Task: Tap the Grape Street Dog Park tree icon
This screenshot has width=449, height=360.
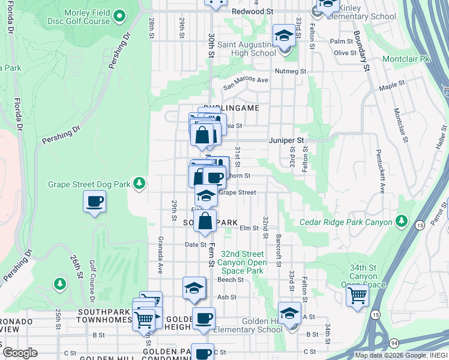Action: click(139, 182)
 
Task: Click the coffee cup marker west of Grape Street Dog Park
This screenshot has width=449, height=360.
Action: click(95, 202)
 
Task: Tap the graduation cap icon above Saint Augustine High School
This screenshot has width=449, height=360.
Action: click(284, 35)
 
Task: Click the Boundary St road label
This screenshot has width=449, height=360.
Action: click(361, 50)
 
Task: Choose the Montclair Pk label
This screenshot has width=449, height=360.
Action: click(408, 59)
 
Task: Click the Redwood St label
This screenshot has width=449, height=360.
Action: click(252, 11)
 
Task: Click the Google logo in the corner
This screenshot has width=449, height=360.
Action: click(20, 352)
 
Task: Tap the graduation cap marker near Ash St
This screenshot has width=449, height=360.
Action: click(194, 288)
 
